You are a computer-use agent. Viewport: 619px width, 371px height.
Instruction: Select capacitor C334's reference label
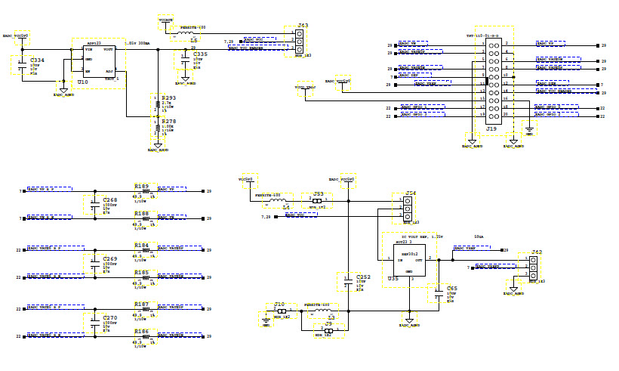[36, 60]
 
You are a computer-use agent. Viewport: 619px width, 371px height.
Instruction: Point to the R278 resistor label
[169, 120]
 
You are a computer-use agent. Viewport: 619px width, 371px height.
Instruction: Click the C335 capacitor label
[200, 54]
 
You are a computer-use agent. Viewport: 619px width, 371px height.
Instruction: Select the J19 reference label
[491, 130]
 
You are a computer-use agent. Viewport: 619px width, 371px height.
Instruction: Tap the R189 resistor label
[142, 186]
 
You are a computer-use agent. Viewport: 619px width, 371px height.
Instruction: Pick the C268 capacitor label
[109, 200]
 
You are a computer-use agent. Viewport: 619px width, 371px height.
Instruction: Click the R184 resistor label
[142, 245]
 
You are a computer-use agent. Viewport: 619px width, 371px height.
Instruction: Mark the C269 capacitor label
[109, 258]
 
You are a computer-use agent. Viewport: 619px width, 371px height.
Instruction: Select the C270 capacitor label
[109, 317]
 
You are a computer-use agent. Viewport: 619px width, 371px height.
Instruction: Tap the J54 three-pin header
[397, 209]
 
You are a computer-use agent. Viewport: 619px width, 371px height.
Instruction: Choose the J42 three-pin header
[533, 267]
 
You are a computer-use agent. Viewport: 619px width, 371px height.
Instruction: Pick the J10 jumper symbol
[281, 311]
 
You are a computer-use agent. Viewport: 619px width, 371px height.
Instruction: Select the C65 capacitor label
[451, 289]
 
